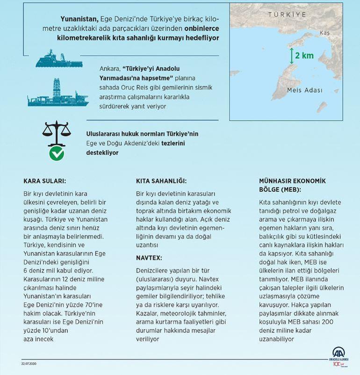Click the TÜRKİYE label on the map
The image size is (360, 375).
point(287,15)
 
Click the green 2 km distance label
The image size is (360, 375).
point(304,56)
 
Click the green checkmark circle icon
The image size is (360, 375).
point(57,153)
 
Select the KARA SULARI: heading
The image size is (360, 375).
point(44,181)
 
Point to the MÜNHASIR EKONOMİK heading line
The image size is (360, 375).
point(292,181)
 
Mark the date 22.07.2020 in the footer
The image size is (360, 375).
point(30,363)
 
